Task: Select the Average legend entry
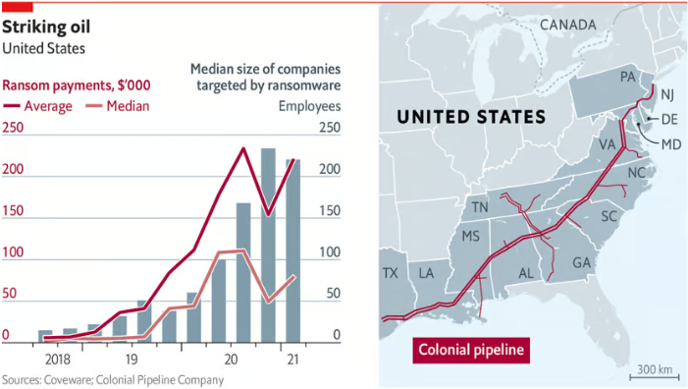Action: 38,106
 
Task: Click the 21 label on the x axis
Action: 292,360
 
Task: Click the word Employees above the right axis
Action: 309,106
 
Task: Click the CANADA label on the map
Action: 567,24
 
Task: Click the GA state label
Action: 581,263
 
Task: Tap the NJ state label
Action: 668,94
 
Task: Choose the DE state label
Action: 670,120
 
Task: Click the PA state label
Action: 628,77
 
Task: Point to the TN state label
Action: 480,207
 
